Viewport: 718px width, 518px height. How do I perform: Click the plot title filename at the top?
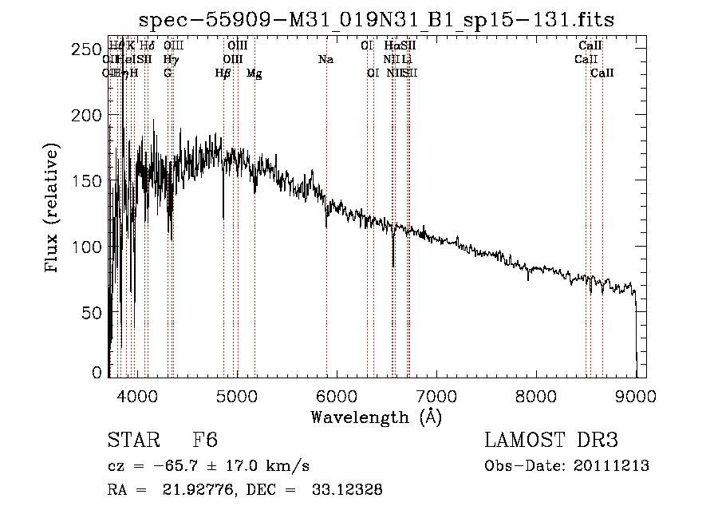tap(377, 19)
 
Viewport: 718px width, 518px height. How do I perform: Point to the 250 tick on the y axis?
tap(89, 49)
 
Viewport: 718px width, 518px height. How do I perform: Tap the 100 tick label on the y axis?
tap(89, 247)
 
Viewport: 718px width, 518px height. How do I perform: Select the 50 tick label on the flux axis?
tap(94, 312)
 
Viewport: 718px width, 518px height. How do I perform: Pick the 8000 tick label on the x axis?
tap(535, 395)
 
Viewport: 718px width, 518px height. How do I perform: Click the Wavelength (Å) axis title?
tap(376, 417)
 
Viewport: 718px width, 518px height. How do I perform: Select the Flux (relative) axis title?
tap(53, 210)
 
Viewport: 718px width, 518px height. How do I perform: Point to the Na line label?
tap(325, 59)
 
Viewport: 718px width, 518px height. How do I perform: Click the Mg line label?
tap(254, 73)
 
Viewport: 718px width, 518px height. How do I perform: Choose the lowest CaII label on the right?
tap(602, 73)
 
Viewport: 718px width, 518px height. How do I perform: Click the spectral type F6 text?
tap(205, 441)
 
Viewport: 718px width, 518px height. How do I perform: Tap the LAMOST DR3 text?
tap(550, 441)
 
